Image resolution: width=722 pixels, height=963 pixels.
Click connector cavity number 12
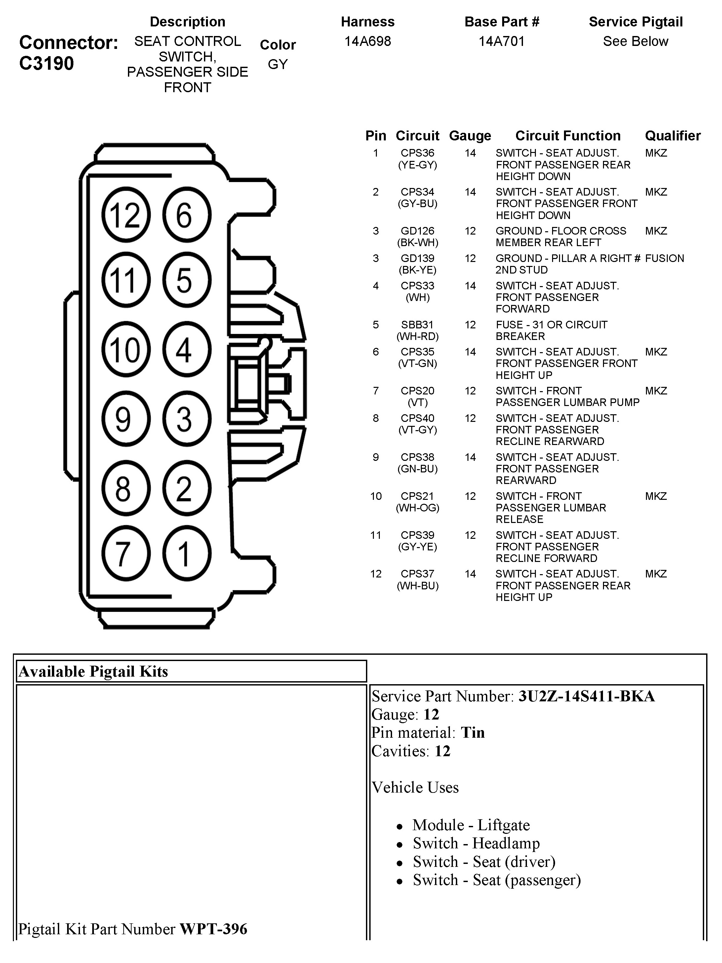tap(126, 215)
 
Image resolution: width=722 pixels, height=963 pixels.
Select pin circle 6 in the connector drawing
tap(186, 215)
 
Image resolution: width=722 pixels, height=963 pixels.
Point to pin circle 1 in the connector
tap(186, 553)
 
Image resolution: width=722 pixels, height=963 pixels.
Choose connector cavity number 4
tap(186, 349)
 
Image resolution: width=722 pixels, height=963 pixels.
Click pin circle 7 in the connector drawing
tap(126, 553)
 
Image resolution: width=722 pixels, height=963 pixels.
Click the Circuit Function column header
tap(567, 136)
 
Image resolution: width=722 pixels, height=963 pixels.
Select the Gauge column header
tap(470, 136)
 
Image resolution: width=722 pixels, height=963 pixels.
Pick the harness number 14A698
tap(367, 41)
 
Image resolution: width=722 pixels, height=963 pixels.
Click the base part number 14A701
tap(501, 41)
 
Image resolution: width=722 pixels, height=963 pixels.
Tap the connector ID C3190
tap(47, 63)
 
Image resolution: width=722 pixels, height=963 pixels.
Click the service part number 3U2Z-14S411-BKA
tap(586, 696)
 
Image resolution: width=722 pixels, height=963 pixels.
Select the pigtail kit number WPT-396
tap(213, 929)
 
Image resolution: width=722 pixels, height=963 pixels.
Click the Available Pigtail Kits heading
tap(93, 671)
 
